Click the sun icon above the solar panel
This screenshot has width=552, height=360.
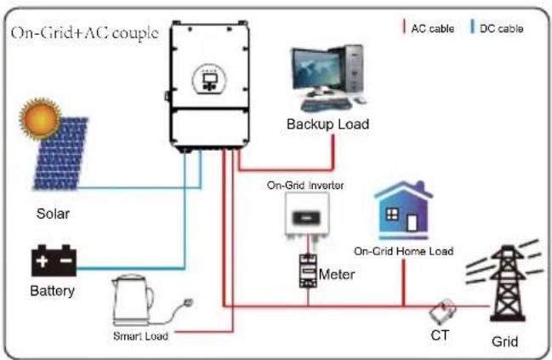click(x=41, y=118)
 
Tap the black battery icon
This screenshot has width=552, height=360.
click(x=54, y=260)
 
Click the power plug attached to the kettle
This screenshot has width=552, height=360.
click(x=188, y=303)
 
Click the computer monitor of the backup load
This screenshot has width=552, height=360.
click(x=317, y=70)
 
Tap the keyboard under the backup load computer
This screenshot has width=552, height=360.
click(x=326, y=105)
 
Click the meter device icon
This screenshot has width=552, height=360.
click(x=308, y=271)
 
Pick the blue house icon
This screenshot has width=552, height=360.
click(x=404, y=210)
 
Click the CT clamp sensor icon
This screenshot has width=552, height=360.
click(x=443, y=311)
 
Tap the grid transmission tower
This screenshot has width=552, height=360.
click(x=507, y=281)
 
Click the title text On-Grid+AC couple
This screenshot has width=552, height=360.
click(x=85, y=33)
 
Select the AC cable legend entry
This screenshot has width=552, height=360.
click(x=429, y=28)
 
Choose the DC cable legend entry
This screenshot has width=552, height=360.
click(x=497, y=28)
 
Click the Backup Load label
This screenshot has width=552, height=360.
click(x=327, y=124)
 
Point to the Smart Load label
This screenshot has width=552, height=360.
click(x=140, y=335)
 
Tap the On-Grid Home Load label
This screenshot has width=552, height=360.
click(x=403, y=251)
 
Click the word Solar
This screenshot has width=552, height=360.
click(x=53, y=214)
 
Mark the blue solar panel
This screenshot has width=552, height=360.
click(x=61, y=154)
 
